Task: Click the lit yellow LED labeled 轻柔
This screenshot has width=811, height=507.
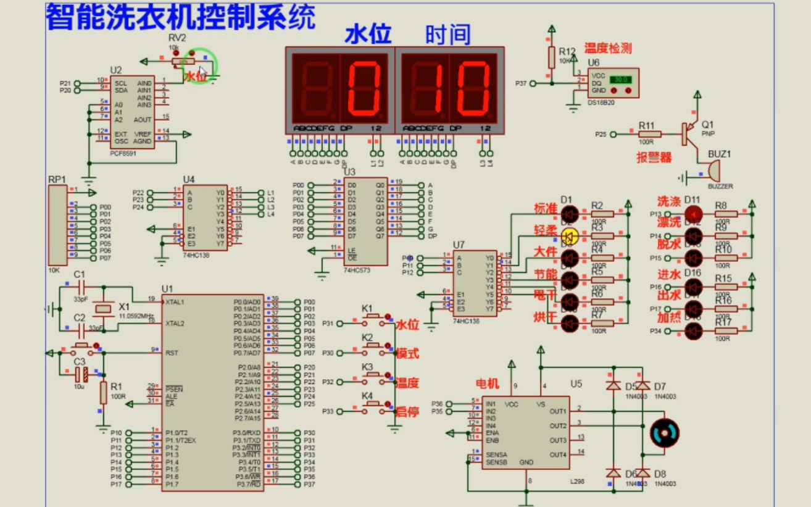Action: pos(570,235)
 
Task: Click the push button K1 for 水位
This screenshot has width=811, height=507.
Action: pos(372,319)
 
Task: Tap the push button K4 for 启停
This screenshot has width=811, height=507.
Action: pos(372,405)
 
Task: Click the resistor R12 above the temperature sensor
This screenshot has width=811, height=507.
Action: pos(551,57)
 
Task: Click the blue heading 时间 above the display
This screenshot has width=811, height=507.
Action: pos(448,35)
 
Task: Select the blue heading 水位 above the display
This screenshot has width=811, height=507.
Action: pos(367,35)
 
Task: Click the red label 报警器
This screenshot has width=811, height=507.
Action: pos(654,157)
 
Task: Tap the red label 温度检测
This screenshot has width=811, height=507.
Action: pos(608,48)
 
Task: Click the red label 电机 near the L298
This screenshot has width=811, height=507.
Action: pos(488,383)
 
